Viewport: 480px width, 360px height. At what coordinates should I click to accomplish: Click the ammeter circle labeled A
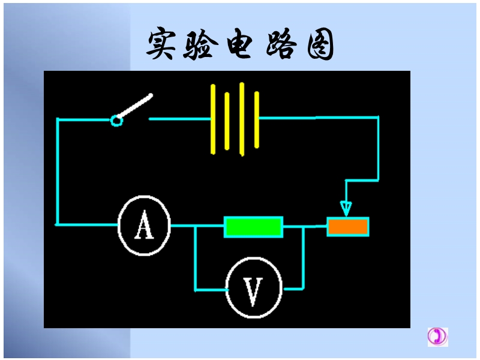click(x=118, y=226)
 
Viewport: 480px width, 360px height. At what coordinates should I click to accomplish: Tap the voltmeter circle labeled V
click(x=226, y=288)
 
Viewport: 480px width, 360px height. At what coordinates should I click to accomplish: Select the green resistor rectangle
click(x=253, y=227)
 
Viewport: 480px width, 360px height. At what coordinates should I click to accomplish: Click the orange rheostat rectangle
click(x=348, y=227)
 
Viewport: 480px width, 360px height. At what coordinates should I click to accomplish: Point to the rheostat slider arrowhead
click(x=346, y=209)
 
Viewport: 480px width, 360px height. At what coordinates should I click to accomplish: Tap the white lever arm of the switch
click(x=134, y=106)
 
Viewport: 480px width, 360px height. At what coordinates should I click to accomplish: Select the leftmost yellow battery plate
click(x=213, y=119)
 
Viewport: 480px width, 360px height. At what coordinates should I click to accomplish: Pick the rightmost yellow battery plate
click(x=257, y=119)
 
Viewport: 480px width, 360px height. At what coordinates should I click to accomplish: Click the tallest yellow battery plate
click(x=242, y=119)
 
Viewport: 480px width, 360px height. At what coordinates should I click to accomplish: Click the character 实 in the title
click(x=161, y=43)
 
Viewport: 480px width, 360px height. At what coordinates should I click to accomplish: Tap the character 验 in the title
click(x=200, y=43)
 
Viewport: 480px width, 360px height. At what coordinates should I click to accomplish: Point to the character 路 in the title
click(x=281, y=43)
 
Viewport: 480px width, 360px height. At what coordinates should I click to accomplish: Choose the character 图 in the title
click(x=320, y=44)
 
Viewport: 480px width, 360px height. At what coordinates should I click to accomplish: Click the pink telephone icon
click(x=437, y=337)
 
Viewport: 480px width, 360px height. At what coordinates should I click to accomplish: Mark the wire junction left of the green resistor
click(x=195, y=226)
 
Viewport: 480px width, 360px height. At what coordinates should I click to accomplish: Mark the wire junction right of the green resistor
click(x=304, y=227)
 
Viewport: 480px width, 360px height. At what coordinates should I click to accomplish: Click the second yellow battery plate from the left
click(x=227, y=121)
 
